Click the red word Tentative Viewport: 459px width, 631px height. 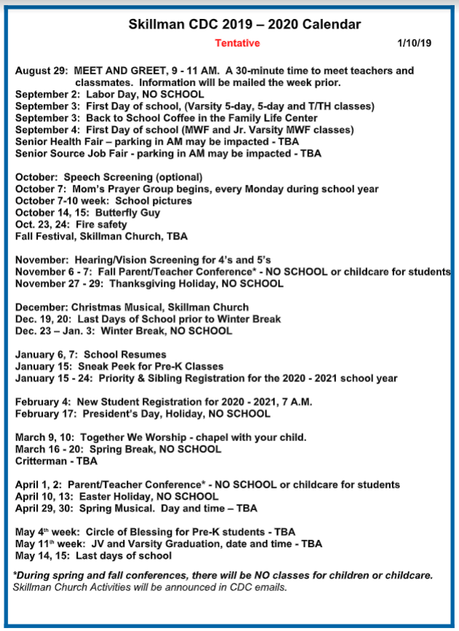pyautogui.click(x=237, y=43)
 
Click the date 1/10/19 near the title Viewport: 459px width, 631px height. pyautogui.click(x=415, y=43)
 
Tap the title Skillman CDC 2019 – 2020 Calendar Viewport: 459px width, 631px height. pyautogui.click(x=244, y=25)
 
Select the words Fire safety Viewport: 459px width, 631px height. pyautogui.click(x=101, y=225)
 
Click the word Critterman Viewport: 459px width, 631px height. pyautogui.click(x=41, y=461)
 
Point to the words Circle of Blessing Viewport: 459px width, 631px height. pyautogui.click(x=125, y=532)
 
